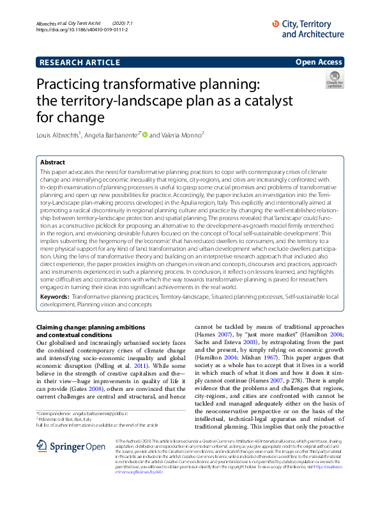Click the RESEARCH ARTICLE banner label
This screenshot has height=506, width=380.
coord(79,62)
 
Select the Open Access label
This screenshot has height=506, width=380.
coord(319,62)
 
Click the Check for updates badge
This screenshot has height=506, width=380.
coord(334,80)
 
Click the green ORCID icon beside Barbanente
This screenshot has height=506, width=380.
coord(144,135)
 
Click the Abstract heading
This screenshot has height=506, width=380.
coord(52,163)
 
